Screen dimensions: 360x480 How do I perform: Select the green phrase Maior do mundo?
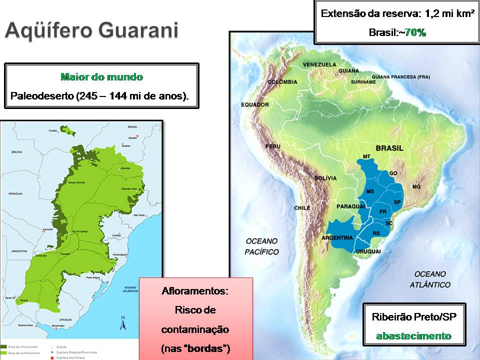[101, 77]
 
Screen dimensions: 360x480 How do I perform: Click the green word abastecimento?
[413, 335]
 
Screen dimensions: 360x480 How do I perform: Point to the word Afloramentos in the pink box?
[195, 290]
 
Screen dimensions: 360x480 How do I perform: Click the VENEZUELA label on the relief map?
[319, 64]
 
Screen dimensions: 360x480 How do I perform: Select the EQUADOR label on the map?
[255, 104]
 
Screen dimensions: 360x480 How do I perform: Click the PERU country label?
[272, 146]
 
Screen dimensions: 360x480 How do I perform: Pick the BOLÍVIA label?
[326, 178]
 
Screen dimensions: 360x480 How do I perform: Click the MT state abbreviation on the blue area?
[366, 157]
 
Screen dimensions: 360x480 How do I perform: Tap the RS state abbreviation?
[376, 233]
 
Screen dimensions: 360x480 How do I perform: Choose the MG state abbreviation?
[416, 186]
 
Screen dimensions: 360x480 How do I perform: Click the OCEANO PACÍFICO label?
[261, 246]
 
